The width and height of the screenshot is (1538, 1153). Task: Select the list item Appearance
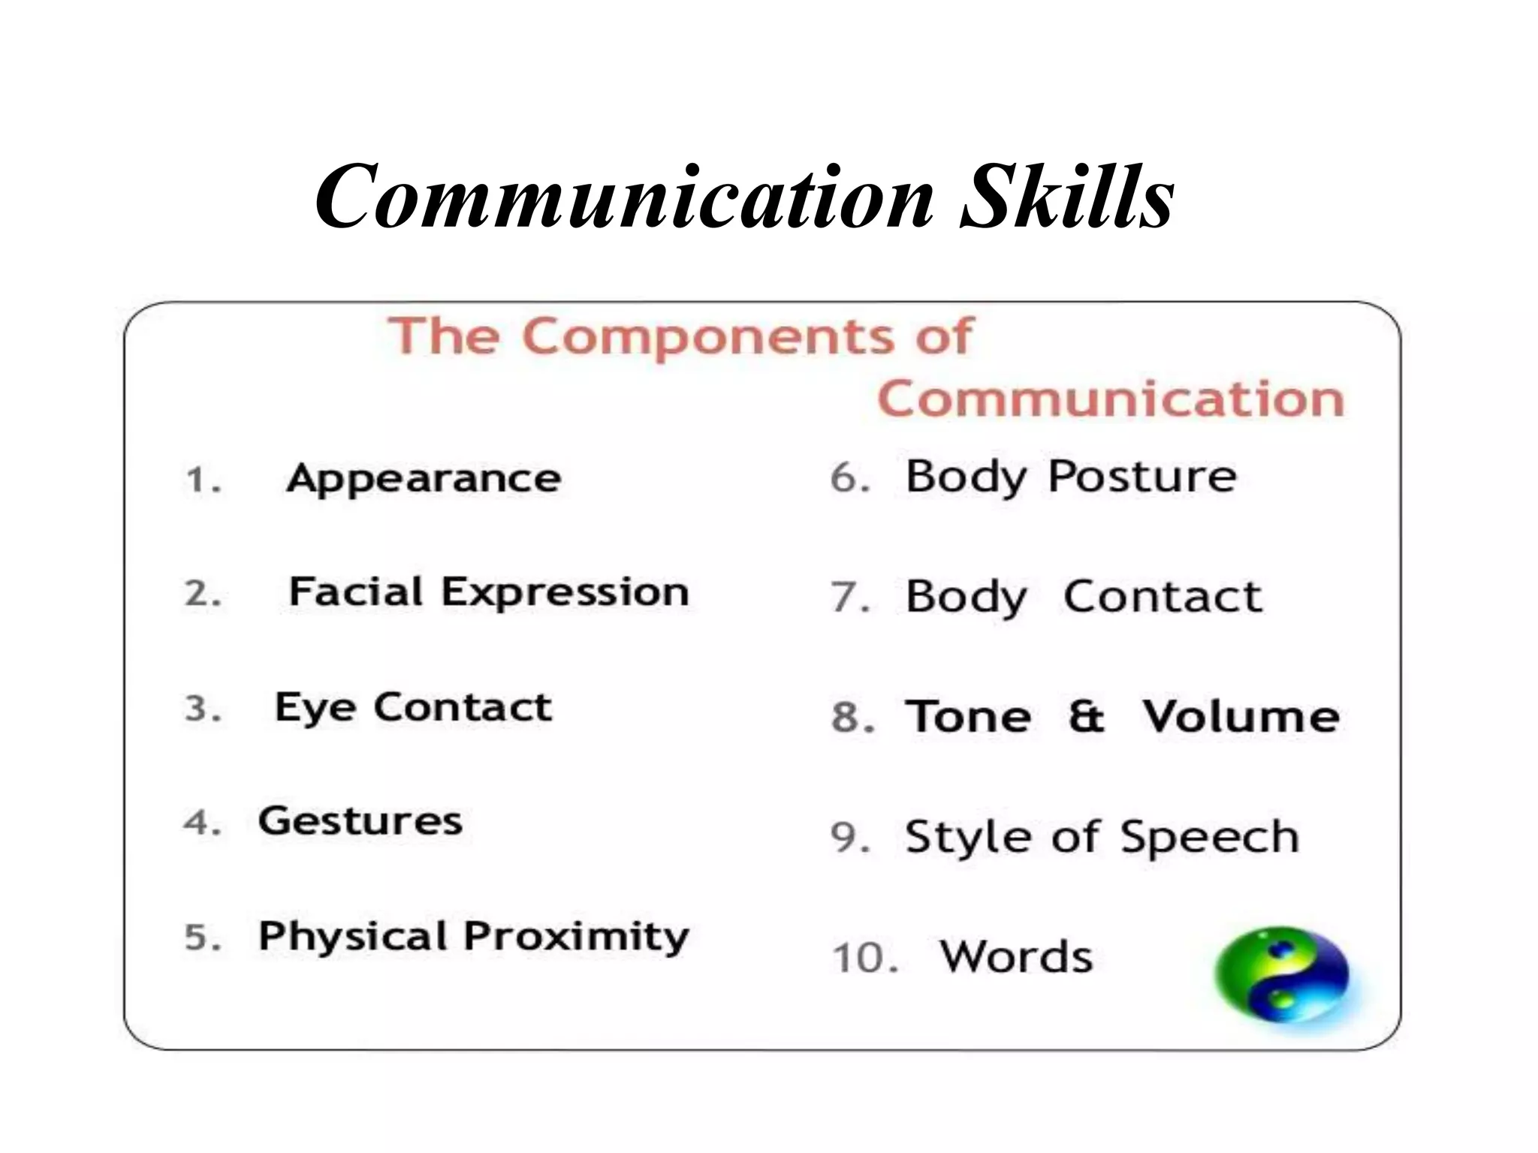pos(424,479)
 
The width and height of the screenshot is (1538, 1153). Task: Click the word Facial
pos(356,592)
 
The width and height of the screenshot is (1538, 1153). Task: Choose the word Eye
pos(315,708)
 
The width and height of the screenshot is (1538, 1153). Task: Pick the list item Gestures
pos(360,821)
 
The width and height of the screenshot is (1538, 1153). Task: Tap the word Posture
pos(1141,477)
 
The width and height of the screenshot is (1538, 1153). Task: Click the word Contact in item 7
pos(1163,598)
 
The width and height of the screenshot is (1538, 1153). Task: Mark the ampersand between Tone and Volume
pos(1087,716)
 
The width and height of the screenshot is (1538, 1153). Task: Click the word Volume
pos(1241,716)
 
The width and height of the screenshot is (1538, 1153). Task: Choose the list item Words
pos(1016,957)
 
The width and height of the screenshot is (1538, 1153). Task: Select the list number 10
pos(864,959)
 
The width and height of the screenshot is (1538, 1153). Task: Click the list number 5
pos(202,938)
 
